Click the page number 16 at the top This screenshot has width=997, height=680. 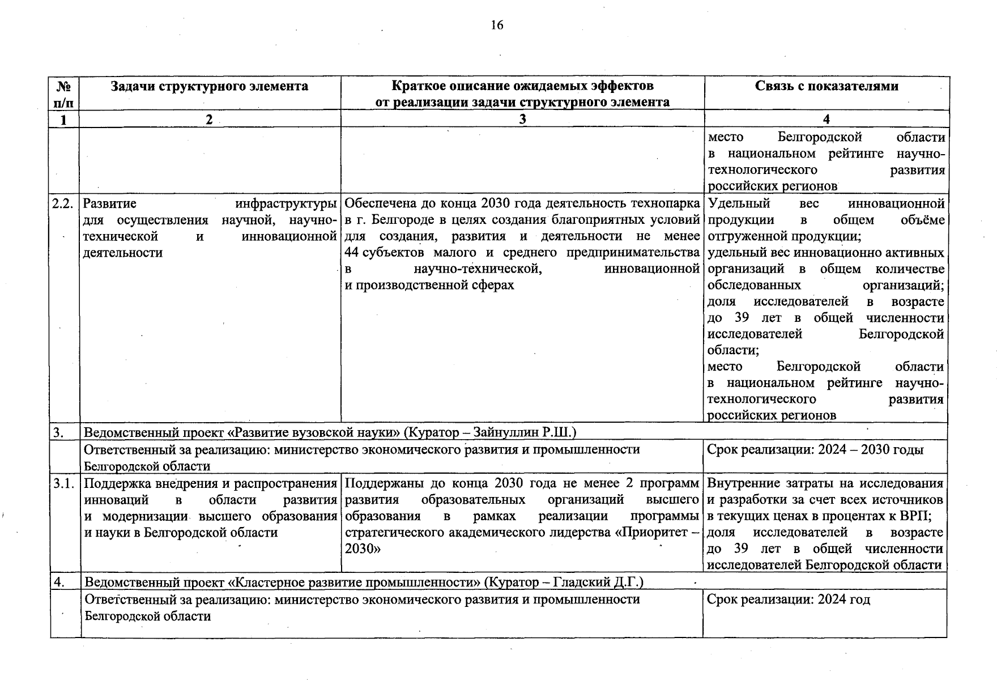pos(497,25)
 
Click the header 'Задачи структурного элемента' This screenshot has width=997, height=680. pos(210,86)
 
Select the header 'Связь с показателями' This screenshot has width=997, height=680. pos(826,86)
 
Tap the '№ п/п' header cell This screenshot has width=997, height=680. pos(65,94)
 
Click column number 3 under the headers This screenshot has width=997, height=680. pos(522,119)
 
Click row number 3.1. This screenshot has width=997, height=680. pos(64,484)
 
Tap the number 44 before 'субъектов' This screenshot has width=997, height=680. pos(352,253)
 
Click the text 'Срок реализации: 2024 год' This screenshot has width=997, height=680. pos(789,600)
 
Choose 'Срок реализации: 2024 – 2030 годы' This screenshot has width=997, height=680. pos(815,450)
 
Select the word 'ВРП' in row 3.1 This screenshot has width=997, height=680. pos(917,516)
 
